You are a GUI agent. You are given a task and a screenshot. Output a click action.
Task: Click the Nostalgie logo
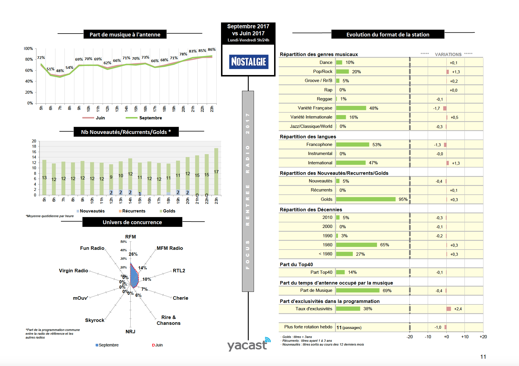click(x=248, y=62)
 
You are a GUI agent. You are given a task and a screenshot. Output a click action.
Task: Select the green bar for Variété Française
click(x=351, y=108)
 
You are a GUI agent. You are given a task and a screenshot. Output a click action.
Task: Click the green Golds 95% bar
click(x=366, y=199)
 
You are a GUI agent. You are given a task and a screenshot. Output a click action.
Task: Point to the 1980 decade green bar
click(x=356, y=245)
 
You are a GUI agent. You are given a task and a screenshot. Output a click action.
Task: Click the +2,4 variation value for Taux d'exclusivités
click(x=458, y=309)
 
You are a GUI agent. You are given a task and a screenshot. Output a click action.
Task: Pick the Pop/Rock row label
click(x=322, y=72)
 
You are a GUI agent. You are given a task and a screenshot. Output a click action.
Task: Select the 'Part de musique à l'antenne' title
click(x=125, y=34)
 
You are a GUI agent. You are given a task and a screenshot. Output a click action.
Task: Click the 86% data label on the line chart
click(x=212, y=50)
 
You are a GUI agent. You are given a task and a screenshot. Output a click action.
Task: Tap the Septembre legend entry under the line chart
click(x=150, y=118)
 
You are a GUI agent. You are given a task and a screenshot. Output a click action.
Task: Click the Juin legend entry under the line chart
click(x=100, y=118)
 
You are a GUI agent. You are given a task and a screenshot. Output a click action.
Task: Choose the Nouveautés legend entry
click(x=92, y=211)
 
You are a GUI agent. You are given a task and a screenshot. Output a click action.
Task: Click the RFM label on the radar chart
click(x=130, y=237)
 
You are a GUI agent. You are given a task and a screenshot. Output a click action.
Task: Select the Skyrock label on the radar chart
click(x=94, y=320)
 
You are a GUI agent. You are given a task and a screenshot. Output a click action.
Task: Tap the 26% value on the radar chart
click(x=133, y=254)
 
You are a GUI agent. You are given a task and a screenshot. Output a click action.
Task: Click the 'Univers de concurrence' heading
click(x=132, y=222)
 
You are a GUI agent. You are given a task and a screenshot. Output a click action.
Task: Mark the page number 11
click(x=483, y=357)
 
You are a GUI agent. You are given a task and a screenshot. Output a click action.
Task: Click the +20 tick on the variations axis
click(x=483, y=337)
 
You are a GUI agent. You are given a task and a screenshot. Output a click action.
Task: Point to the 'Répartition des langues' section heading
click(x=308, y=137)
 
